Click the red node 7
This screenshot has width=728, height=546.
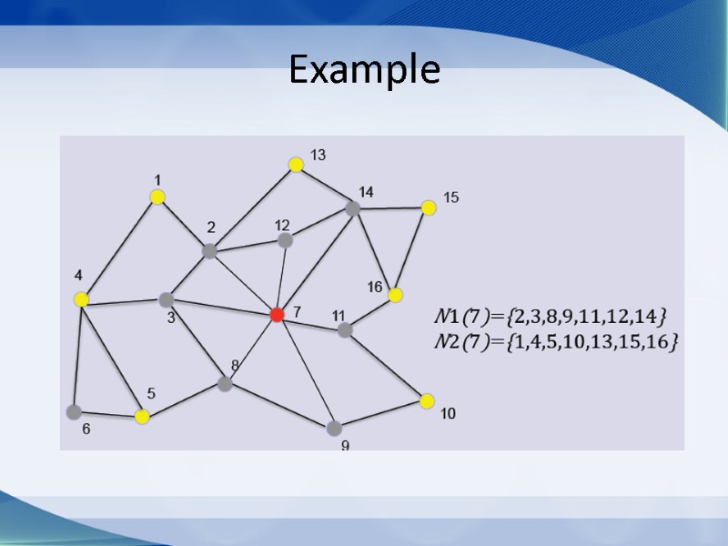(x=278, y=314)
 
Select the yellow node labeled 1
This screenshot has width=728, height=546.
(x=157, y=197)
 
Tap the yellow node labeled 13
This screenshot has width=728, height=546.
(x=296, y=165)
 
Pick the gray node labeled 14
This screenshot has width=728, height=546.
(x=353, y=208)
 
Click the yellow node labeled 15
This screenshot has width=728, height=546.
(x=429, y=207)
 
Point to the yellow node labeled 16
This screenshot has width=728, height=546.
(x=395, y=295)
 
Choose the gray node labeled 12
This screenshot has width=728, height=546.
(x=285, y=240)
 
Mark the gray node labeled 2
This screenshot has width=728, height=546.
(x=209, y=251)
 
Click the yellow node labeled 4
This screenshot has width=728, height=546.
(x=81, y=298)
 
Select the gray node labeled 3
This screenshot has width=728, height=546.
(x=167, y=299)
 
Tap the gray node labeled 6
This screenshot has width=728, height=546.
(x=74, y=411)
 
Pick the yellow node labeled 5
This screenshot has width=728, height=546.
(x=142, y=417)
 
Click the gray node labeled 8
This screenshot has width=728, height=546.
(x=225, y=384)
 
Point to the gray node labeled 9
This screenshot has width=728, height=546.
(x=334, y=428)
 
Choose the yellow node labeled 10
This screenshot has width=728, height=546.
(x=427, y=400)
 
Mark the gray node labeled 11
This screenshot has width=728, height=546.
(x=345, y=330)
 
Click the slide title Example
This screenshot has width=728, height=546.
(x=364, y=70)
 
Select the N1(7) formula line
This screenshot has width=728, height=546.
(x=551, y=317)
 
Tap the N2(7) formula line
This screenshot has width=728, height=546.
(x=558, y=342)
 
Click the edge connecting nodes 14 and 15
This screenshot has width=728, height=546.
(x=391, y=207)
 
